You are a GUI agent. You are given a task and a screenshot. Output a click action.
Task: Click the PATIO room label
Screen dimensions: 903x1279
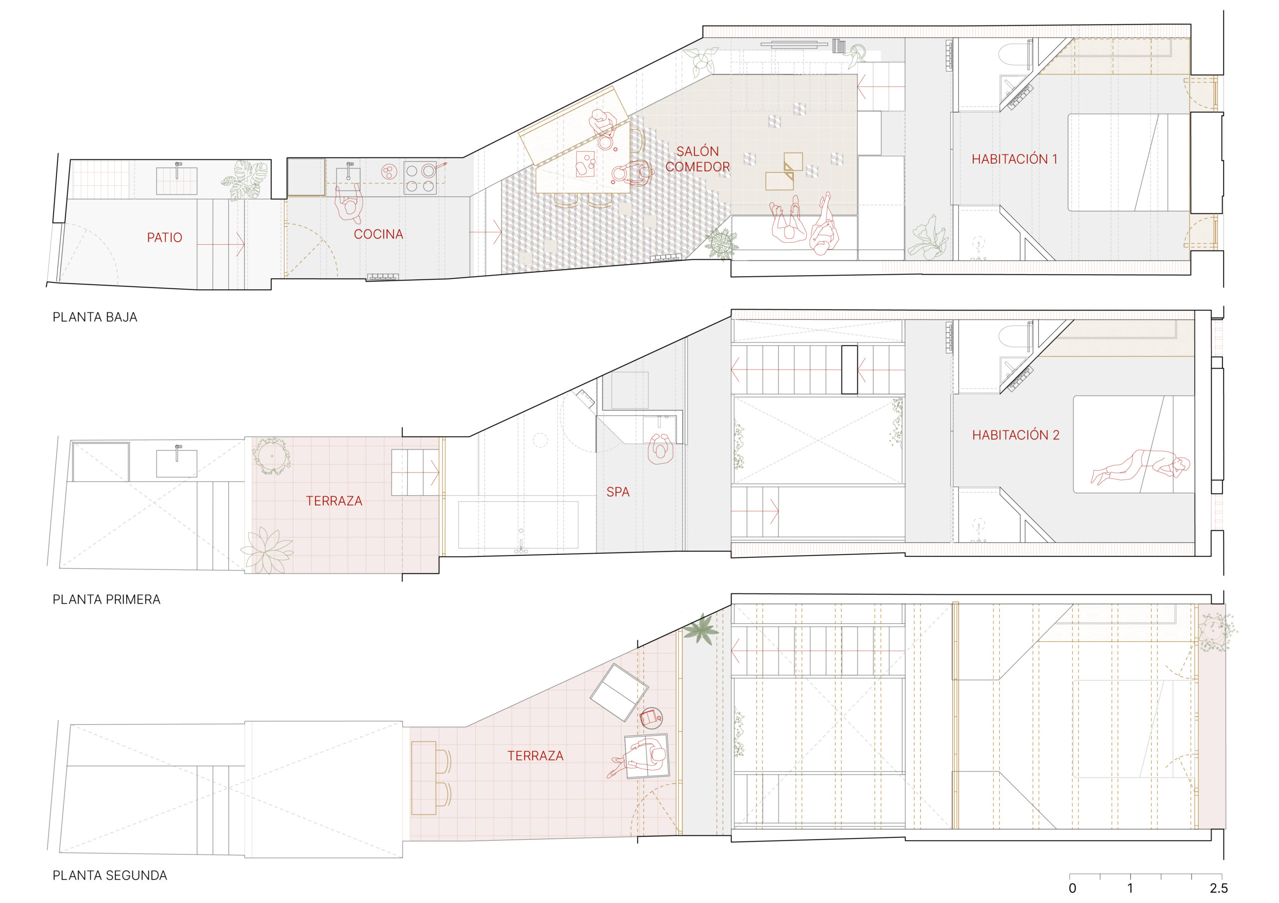tap(164, 238)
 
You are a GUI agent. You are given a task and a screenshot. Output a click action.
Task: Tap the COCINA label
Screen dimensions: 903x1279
tap(378, 234)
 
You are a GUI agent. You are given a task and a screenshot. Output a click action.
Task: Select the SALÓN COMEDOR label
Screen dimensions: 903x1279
tap(697, 159)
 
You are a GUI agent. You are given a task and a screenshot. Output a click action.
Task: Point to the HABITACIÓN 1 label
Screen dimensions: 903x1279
tap(1014, 159)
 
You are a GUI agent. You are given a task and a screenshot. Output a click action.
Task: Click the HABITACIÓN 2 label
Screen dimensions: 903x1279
tap(1016, 436)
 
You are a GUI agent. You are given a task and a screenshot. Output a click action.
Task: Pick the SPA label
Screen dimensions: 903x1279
tap(618, 492)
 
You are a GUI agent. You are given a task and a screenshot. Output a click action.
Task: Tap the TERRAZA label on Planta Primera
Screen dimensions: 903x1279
tap(334, 501)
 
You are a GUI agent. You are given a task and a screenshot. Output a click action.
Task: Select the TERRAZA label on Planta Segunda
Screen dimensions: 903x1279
tap(535, 756)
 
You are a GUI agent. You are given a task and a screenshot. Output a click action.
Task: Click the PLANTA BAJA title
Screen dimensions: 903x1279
tap(95, 317)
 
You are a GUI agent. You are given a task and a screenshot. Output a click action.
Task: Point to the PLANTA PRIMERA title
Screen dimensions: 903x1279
tap(106, 600)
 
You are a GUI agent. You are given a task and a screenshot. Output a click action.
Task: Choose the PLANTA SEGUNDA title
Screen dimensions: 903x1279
tap(110, 876)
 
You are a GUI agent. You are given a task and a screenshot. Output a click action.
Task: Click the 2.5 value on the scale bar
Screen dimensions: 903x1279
tap(1218, 889)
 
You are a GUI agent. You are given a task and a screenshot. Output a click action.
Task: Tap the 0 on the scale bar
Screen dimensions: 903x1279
tap(1072, 889)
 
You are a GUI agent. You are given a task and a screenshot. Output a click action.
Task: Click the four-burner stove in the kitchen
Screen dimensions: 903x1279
tap(420, 178)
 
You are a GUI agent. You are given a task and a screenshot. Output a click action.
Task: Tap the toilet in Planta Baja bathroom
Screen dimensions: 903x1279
tap(1012, 54)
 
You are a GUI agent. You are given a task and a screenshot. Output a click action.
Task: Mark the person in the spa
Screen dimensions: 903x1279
tap(661, 449)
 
